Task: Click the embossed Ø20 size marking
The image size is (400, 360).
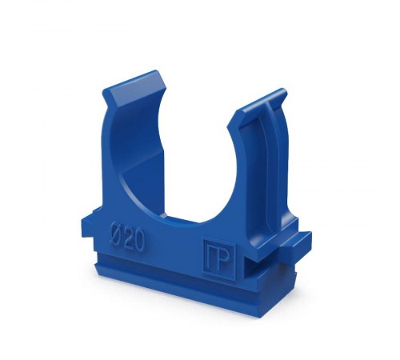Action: tap(127, 238)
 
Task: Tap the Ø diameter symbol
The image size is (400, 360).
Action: tap(116, 234)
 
